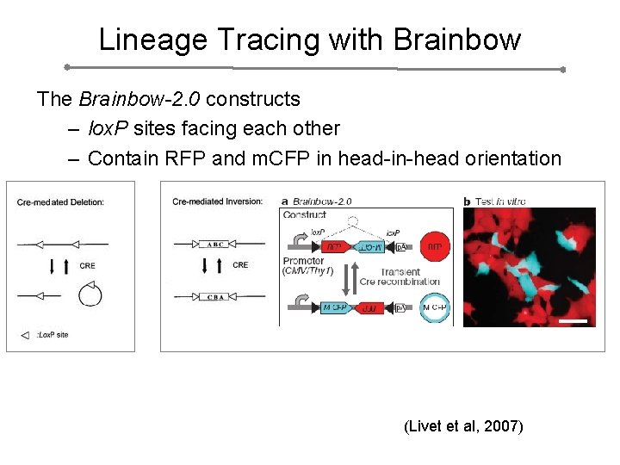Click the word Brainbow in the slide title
tap(457, 40)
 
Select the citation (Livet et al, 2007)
tap(462, 425)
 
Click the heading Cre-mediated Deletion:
tap(60, 202)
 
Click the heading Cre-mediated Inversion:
tap(216, 202)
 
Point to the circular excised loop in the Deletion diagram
tap(90, 295)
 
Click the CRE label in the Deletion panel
tap(87, 266)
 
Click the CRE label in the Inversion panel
tap(240, 265)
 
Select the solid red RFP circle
tap(436, 247)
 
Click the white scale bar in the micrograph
tap(577, 321)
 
